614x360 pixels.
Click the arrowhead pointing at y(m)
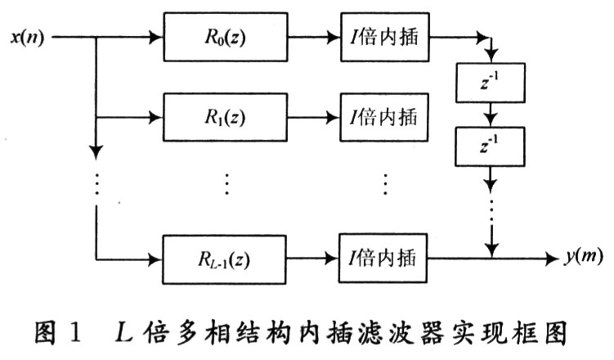tap(554, 257)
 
